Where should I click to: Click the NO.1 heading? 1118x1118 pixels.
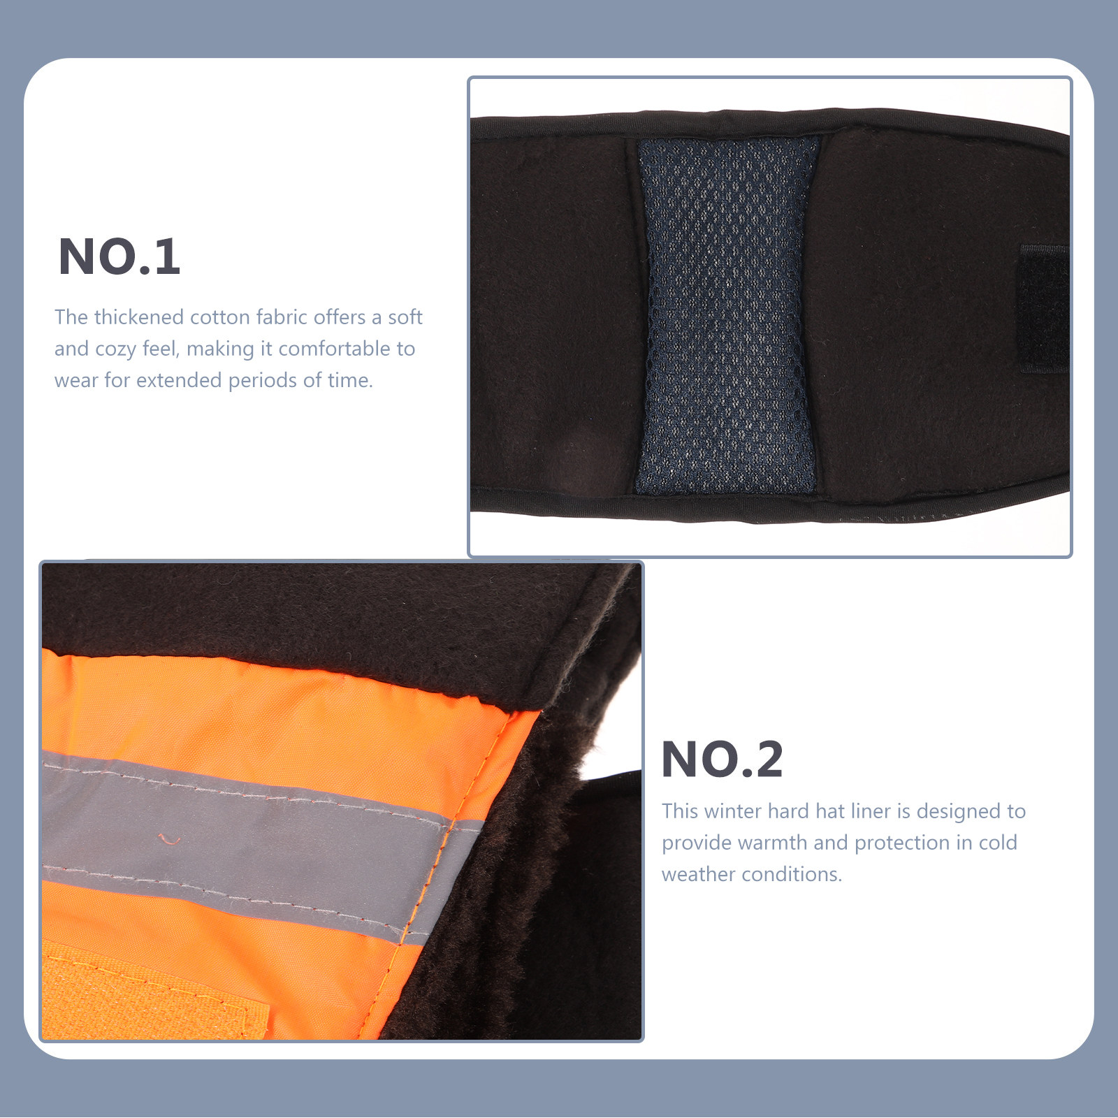(x=119, y=257)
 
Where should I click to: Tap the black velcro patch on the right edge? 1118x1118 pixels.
(x=1043, y=307)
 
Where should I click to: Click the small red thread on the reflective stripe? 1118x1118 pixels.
(x=168, y=838)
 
